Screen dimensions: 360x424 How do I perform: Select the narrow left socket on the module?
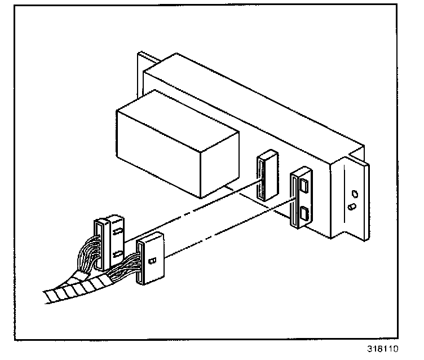pos(265,175)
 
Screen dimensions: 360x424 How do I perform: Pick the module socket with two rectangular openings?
pos(302,199)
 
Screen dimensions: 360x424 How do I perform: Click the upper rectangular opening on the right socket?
pos(304,185)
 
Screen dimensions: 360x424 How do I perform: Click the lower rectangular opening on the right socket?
pos(304,213)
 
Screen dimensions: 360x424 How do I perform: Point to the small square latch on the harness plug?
pos(151,261)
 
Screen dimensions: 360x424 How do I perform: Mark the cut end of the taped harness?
pos(48,297)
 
